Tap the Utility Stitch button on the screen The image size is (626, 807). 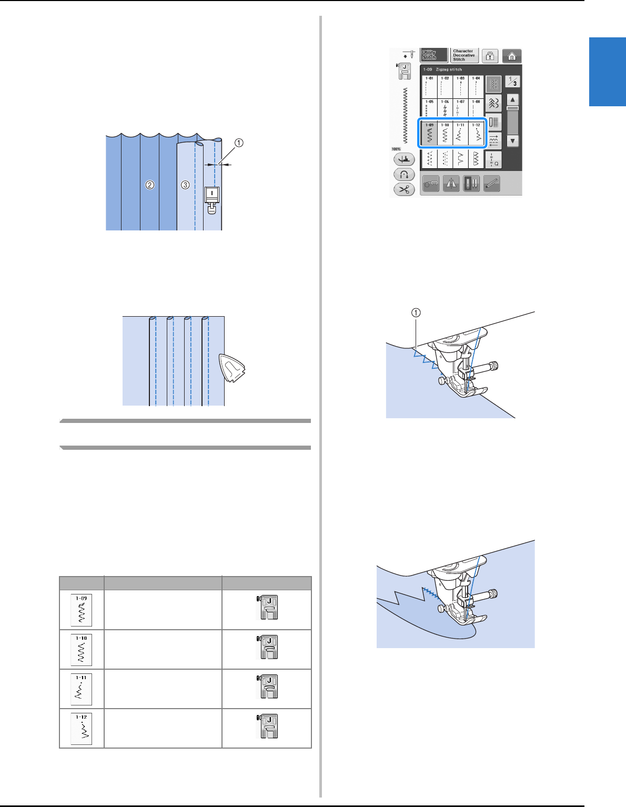[x=433, y=55]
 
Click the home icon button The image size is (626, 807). [x=511, y=56]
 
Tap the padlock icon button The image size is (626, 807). [x=490, y=56]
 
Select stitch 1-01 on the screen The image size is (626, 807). [x=430, y=86]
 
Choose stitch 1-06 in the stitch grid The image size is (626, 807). [x=445, y=109]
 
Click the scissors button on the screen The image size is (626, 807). [x=404, y=189]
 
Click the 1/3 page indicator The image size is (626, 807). [x=512, y=81]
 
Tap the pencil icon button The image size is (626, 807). [x=491, y=183]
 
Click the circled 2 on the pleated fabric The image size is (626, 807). [x=150, y=185]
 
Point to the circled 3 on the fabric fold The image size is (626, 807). [x=185, y=185]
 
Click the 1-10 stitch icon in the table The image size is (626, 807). [x=82, y=650]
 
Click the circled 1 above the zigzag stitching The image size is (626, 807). [x=416, y=312]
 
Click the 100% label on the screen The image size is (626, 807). [x=396, y=149]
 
